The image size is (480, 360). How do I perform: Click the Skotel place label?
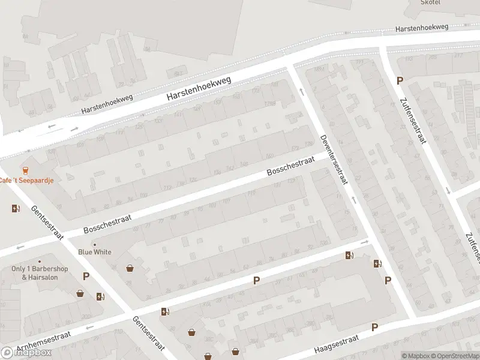[x=430, y=3]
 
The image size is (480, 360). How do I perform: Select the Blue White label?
[x=95, y=252]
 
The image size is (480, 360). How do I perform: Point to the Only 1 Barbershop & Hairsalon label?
[x=40, y=273]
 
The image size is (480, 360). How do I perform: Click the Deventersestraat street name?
[x=334, y=159]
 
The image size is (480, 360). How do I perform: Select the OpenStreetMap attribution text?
[x=454, y=356]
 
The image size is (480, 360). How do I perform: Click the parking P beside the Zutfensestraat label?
[x=400, y=81]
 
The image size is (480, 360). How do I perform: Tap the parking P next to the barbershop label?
[x=86, y=277]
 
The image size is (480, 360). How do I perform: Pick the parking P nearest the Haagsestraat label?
[x=375, y=327]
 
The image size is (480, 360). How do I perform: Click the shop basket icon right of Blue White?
[x=130, y=268]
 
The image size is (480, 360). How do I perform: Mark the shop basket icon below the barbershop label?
[x=80, y=294]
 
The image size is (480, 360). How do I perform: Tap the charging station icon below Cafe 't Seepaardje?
[x=16, y=209]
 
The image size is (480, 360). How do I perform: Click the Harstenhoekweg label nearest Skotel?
[x=421, y=28]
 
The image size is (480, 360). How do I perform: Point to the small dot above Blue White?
[x=94, y=244]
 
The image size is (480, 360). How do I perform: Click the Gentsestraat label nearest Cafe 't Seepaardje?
[x=47, y=223]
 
